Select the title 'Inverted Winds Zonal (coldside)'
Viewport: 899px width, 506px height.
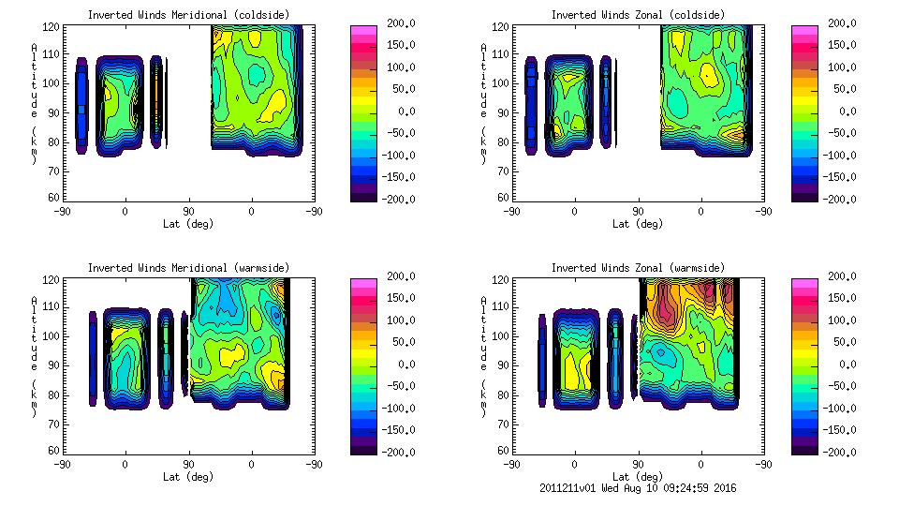click(x=638, y=14)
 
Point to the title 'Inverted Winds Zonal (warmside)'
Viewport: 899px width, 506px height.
click(x=638, y=267)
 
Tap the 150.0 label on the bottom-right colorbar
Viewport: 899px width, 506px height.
click(x=840, y=298)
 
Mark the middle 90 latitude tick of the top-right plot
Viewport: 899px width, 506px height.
click(x=638, y=212)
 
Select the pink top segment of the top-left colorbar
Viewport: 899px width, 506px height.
click(x=362, y=30)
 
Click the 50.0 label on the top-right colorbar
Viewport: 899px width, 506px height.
click(x=843, y=89)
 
